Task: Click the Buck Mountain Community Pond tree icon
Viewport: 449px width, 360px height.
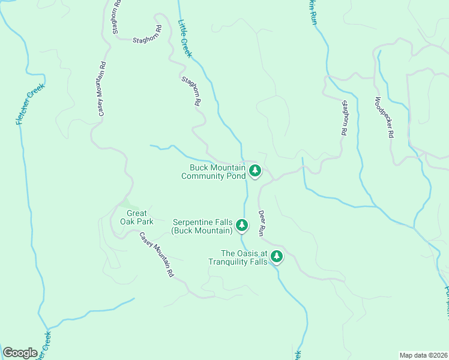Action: (x=255, y=171)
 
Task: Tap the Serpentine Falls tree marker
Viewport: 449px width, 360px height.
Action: (x=242, y=226)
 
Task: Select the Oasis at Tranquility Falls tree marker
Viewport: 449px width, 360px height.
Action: (x=277, y=257)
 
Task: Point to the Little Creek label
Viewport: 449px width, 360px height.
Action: (x=185, y=38)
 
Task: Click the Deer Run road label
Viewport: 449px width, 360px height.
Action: (x=262, y=222)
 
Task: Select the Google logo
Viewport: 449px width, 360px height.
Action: (x=20, y=353)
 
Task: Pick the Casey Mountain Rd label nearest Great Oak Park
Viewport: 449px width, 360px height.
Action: (x=156, y=255)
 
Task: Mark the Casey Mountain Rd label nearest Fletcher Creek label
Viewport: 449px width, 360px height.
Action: (x=103, y=89)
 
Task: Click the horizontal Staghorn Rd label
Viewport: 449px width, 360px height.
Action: (x=146, y=40)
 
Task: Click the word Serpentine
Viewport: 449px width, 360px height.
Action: (x=194, y=222)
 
